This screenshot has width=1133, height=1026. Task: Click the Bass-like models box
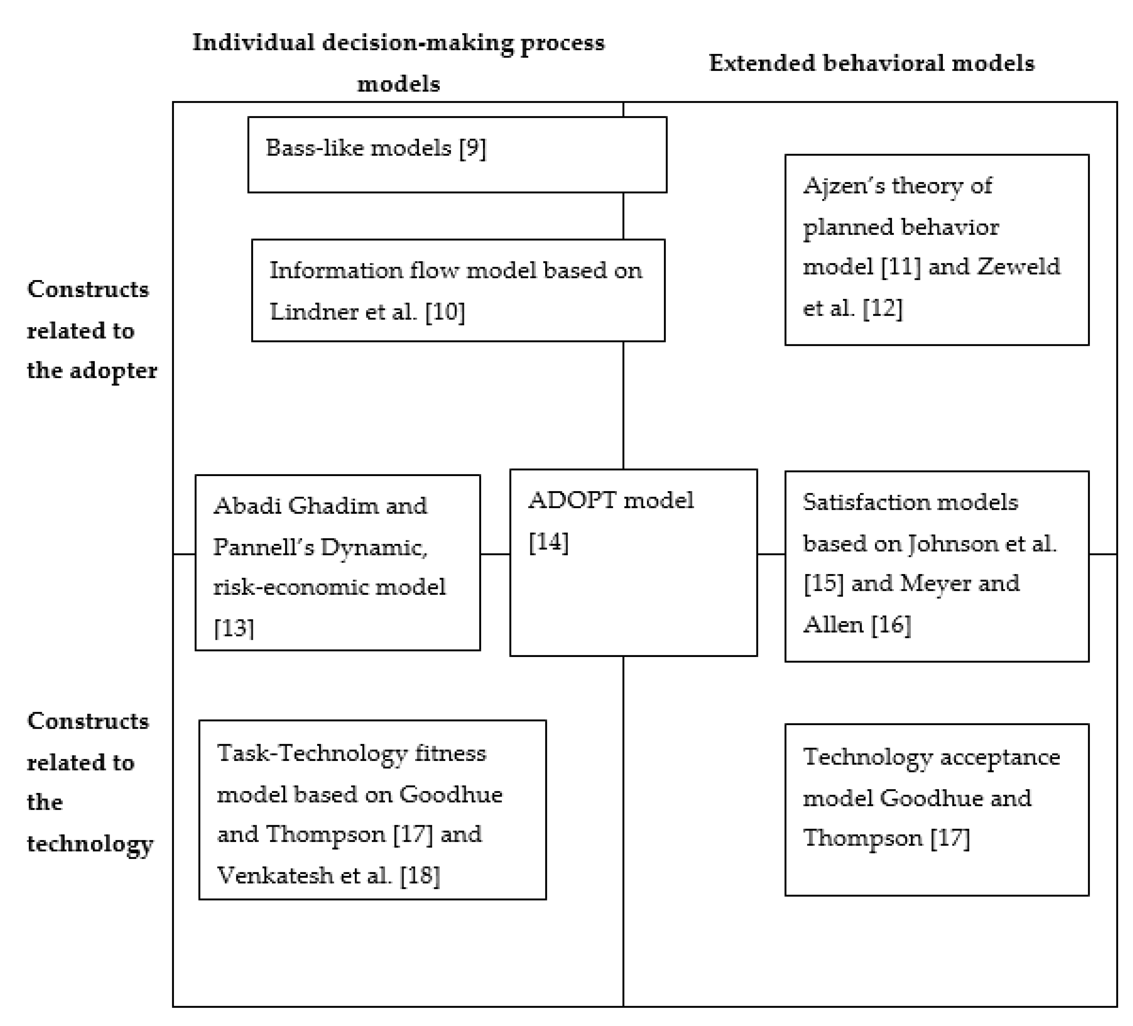click(x=457, y=154)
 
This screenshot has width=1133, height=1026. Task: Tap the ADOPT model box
click(x=633, y=563)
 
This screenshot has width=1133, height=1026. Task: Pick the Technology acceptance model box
click(x=936, y=809)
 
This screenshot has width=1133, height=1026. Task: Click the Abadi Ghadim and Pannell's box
click(x=337, y=563)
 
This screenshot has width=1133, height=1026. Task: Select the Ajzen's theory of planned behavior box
click(x=936, y=249)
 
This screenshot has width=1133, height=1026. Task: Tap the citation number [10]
click(x=445, y=312)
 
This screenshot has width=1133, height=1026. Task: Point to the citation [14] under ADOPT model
click(x=548, y=542)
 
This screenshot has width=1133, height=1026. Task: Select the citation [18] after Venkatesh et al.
click(x=420, y=876)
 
